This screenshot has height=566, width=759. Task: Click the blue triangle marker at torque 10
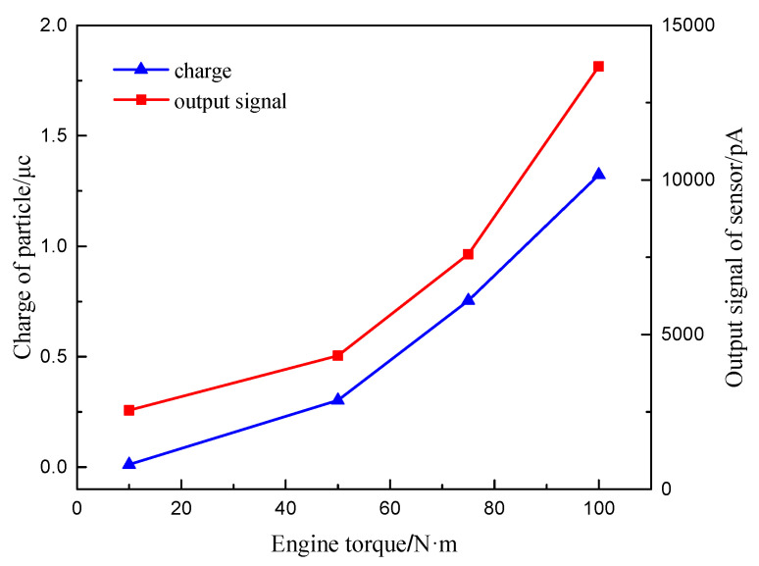click(x=128, y=463)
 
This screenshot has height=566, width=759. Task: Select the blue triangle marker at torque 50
click(x=337, y=399)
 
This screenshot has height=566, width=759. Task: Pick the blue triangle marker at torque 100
click(x=599, y=174)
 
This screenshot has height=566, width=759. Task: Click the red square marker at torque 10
click(x=128, y=410)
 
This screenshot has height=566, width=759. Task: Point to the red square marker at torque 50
click(x=337, y=355)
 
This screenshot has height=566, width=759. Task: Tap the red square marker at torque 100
click(x=599, y=67)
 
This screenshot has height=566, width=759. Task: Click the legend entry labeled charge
click(x=202, y=71)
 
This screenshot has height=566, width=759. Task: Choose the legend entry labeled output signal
click(x=229, y=100)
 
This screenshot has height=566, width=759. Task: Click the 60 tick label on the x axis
click(x=389, y=509)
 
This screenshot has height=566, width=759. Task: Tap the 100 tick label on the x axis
click(x=599, y=509)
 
